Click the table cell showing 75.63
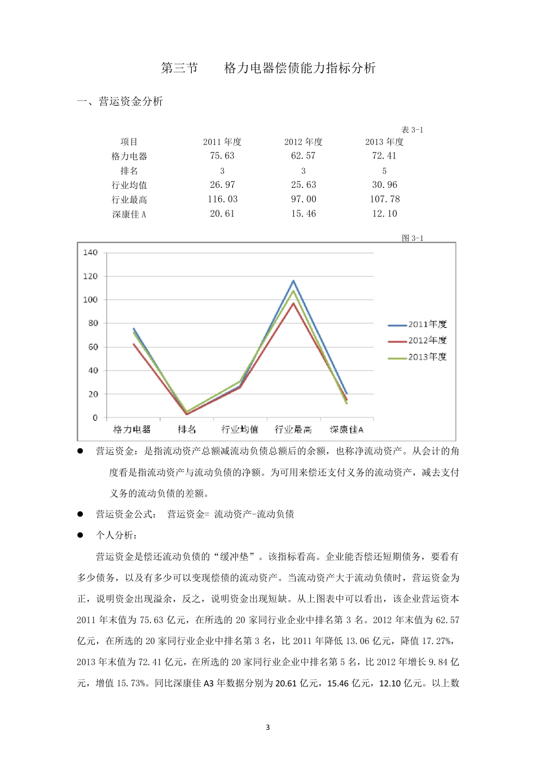point(222,156)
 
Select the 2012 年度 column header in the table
point(303,142)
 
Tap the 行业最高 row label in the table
point(129,200)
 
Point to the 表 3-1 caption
point(412,130)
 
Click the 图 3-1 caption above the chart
point(412,239)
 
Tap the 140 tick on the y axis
point(90,253)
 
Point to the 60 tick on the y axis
point(93,347)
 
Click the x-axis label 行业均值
point(240,430)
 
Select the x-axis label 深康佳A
point(346,430)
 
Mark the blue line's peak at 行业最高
point(293,281)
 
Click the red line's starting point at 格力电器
point(134,344)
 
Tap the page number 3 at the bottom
point(268,728)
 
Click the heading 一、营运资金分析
point(120,102)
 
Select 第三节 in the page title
point(179,68)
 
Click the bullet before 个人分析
point(80,535)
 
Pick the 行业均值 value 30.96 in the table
point(384,185)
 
